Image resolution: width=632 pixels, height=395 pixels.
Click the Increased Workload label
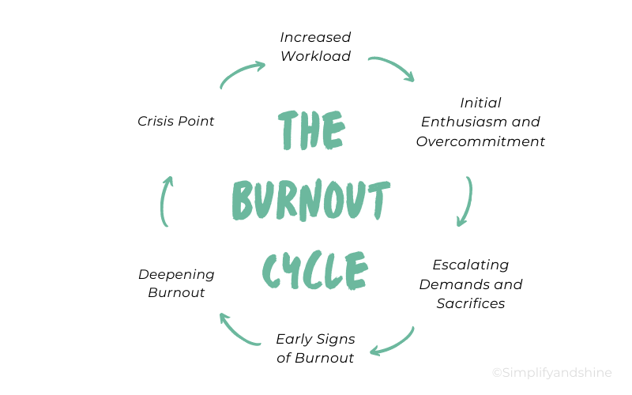click(315, 47)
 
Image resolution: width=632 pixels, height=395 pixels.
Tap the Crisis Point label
click(175, 121)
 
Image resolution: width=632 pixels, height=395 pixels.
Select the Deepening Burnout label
click(176, 283)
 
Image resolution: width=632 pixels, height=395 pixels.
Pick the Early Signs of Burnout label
click(315, 348)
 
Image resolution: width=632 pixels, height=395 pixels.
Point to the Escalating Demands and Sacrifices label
click(471, 284)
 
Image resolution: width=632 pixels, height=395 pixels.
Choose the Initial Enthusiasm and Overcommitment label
click(480, 122)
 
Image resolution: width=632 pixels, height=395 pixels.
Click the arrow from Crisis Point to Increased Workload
click(241, 73)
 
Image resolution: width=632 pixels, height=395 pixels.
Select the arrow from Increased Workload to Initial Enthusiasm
click(392, 68)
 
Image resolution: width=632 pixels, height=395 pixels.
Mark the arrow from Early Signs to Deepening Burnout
click(238, 331)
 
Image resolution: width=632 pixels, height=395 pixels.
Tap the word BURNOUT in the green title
click(310, 201)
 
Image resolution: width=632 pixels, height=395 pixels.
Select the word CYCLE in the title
click(314, 269)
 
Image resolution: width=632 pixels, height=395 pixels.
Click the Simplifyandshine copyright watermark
click(551, 373)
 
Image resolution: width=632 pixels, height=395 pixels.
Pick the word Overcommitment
click(480, 141)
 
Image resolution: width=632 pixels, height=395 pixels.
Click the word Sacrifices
click(471, 303)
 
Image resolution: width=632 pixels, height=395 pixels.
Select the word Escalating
click(471, 264)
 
